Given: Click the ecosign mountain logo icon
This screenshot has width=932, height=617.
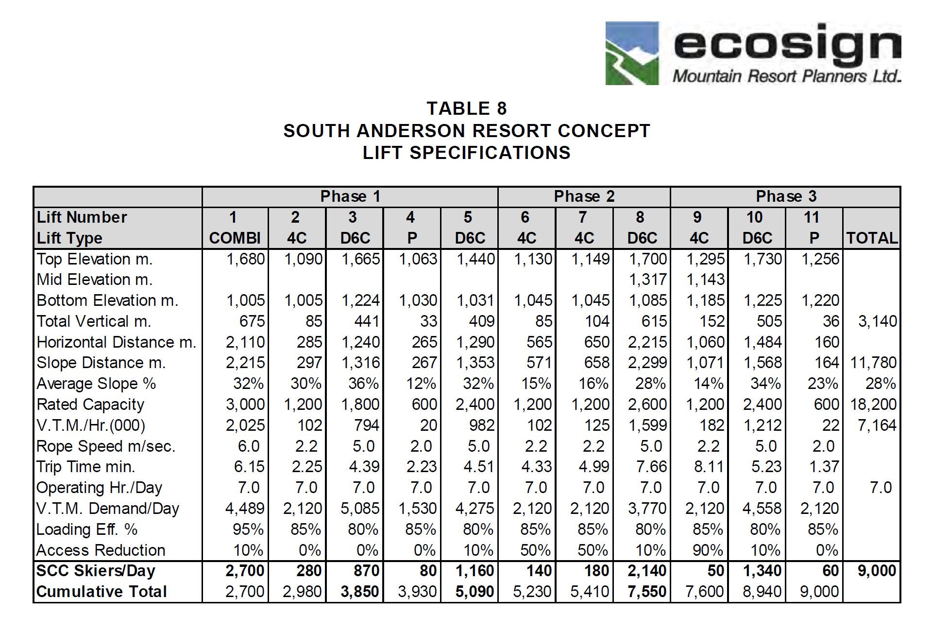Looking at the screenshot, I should (x=632, y=53).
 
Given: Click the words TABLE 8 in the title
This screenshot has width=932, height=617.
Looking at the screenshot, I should (x=466, y=108).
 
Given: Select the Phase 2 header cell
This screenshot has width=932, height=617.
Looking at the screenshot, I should (x=584, y=196).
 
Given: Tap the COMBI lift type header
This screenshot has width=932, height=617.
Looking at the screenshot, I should (x=235, y=238).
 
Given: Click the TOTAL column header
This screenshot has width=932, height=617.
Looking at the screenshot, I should (x=872, y=238).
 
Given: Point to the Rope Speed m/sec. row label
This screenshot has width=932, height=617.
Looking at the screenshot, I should (x=106, y=446).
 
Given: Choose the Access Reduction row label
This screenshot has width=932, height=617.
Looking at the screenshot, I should (x=101, y=550).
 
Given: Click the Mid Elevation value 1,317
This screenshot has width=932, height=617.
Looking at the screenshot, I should (x=647, y=280).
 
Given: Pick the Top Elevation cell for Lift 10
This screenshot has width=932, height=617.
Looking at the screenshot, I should (x=763, y=259).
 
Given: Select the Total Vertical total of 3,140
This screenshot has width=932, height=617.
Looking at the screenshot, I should (x=877, y=321).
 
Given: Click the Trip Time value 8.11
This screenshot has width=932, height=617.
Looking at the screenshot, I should (x=709, y=467).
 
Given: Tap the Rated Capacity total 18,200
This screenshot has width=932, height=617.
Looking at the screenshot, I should (x=873, y=404).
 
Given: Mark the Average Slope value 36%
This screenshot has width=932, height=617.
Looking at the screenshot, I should (x=363, y=384).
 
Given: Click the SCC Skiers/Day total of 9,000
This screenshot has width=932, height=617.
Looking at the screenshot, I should (x=877, y=570).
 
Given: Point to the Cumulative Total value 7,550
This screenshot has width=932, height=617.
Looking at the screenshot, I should (x=647, y=591).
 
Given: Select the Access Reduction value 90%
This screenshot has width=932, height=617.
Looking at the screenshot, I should (x=708, y=550).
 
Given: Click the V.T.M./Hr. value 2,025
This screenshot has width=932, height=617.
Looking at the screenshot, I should (x=245, y=425).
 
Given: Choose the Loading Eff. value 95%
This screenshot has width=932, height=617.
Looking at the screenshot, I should (x=248, y=529).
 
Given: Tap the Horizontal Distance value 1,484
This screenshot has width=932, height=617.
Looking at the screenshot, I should (x=763, y=342).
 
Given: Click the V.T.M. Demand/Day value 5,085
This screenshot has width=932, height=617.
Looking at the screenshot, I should (x=359, y=508).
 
